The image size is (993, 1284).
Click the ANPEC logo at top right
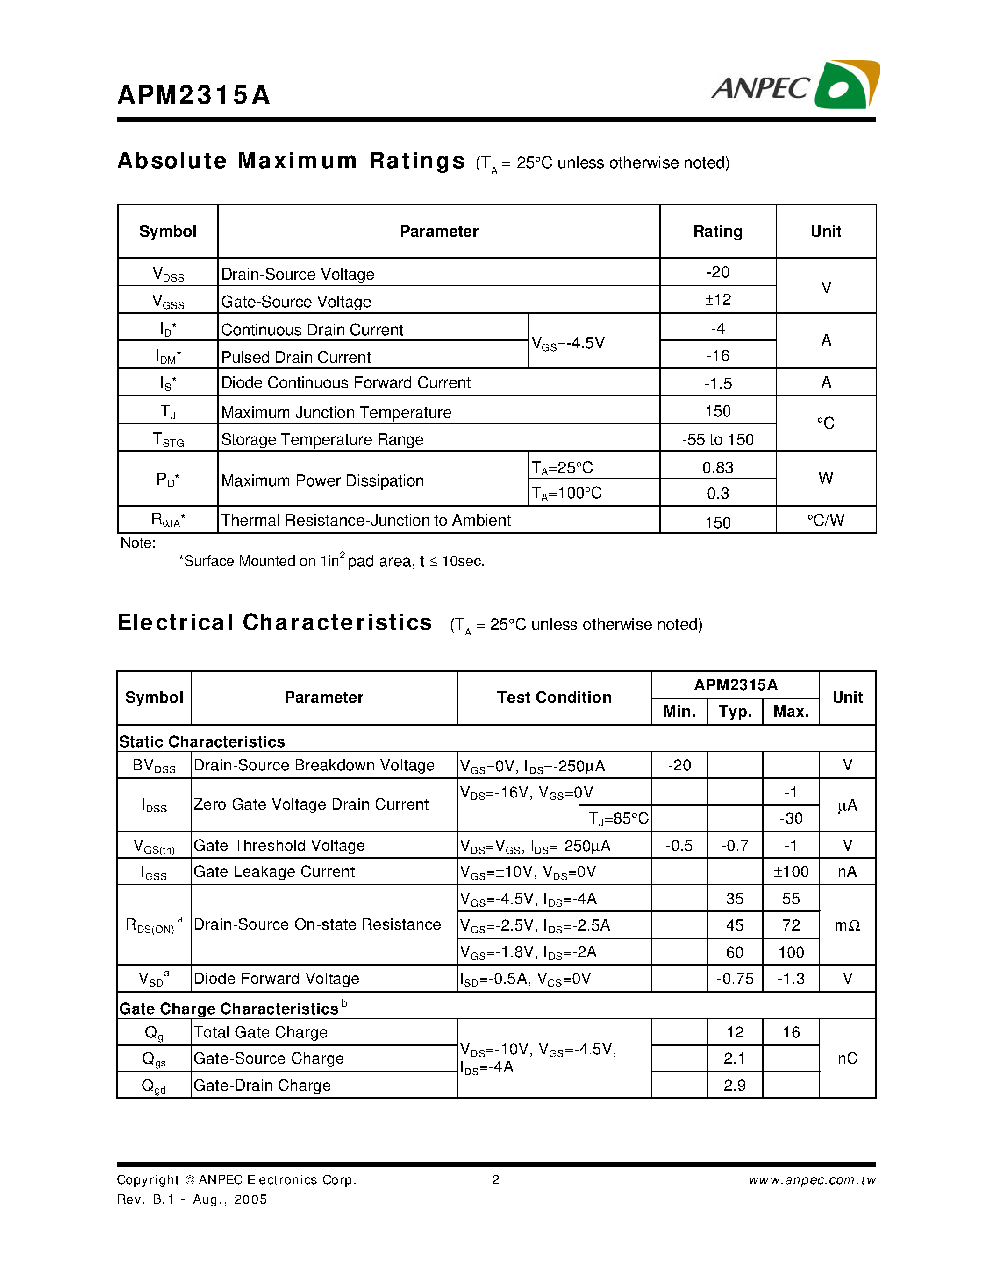(x=795, y=86)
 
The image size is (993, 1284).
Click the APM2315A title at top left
(x=193, y=95)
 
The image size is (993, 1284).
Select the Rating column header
(x=717, y=231)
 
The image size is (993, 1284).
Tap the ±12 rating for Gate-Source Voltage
(x=718, y=300)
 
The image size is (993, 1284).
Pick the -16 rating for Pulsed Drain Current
(x=718, y=356)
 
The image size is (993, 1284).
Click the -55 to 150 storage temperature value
(x=718, y=439)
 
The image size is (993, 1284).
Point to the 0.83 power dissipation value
(x=718, y=467)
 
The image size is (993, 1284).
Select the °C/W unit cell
(x=825, y=520)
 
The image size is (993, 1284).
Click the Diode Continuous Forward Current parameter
(x=345, y=383)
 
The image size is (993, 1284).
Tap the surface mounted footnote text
(x=331, y=561)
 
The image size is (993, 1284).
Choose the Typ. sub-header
(x=735, y=712)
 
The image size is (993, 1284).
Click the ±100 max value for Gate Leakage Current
(x=791, y=872)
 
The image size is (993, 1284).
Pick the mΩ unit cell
(x=847, y=925)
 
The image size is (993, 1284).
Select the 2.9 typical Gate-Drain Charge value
(x=735, y=1085)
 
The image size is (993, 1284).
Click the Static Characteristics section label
(x=202, y=741)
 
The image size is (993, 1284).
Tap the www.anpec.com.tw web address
(x=812, y=1180)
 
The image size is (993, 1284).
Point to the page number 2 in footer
(x=495, y=1180)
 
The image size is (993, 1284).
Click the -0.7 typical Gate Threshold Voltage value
(x=735, y=846)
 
